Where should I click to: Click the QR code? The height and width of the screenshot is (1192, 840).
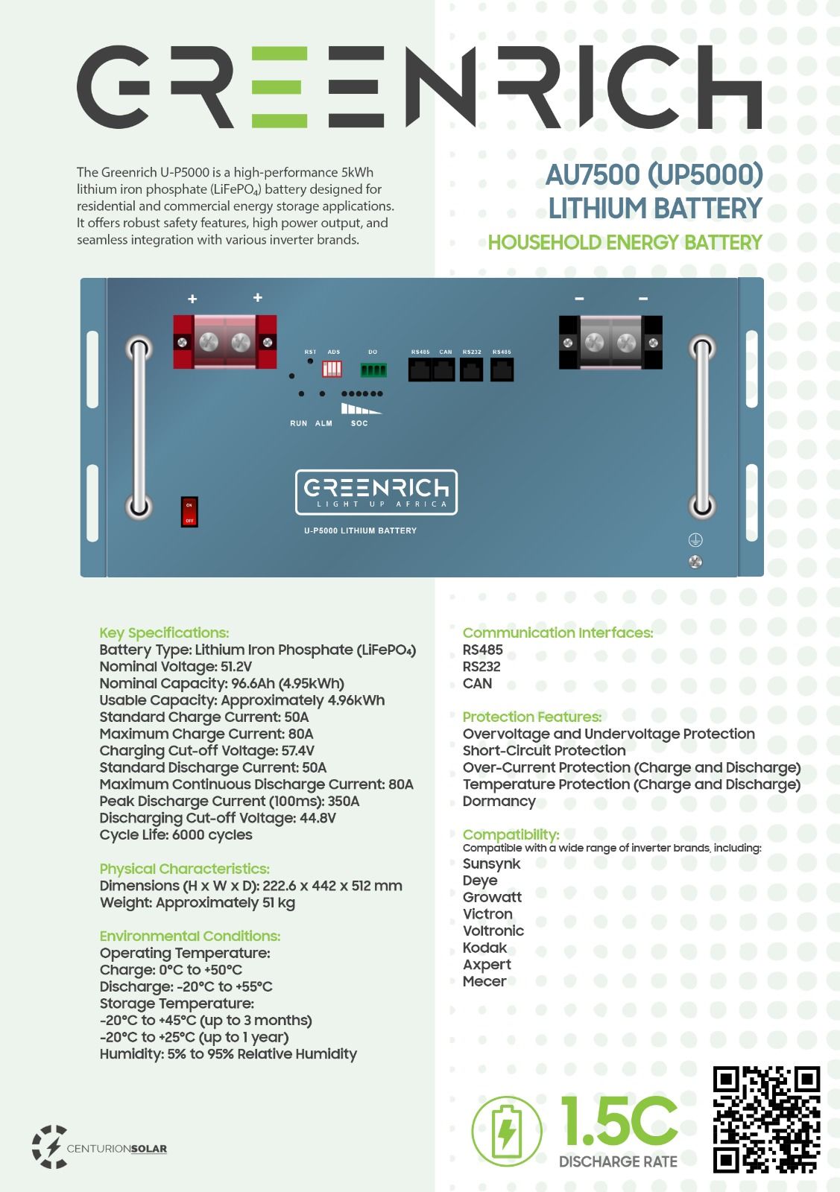tap(766, 1119)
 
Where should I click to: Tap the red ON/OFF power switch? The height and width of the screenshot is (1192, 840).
tap(189, 512)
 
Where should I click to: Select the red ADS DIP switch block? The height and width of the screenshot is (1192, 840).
tap(332, 369)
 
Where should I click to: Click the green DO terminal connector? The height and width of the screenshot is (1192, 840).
tap(373, 370)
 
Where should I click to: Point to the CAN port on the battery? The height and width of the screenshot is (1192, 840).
tap(444, 370)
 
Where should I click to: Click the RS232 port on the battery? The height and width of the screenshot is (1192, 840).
tap(471, 370)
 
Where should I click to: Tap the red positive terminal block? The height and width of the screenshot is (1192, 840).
tap(225, 342)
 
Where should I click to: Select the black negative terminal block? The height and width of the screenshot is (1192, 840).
tap(610, 342)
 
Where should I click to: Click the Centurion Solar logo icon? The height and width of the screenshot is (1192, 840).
tap(49, 1147)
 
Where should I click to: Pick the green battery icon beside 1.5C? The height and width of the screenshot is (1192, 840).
tap(507, 1131)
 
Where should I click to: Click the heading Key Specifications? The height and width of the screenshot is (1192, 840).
tap(164, 633)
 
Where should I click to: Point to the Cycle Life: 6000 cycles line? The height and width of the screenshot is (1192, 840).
tap(176, 835)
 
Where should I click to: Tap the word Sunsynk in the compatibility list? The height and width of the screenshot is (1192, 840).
tap(491, 864)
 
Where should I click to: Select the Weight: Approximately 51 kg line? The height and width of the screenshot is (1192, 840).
tap(198, 903)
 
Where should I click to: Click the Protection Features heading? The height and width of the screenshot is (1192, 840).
tap(531, 717)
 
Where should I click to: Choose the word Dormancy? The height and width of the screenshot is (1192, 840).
tap(499, 802)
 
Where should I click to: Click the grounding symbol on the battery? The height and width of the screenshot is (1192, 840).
tap(695, 540)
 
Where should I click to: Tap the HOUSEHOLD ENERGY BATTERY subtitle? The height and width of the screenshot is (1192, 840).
tap(625, 243)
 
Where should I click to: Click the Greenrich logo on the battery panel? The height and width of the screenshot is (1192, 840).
tap(376, 492)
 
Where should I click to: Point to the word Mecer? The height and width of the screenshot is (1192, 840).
tap(484, 982)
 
